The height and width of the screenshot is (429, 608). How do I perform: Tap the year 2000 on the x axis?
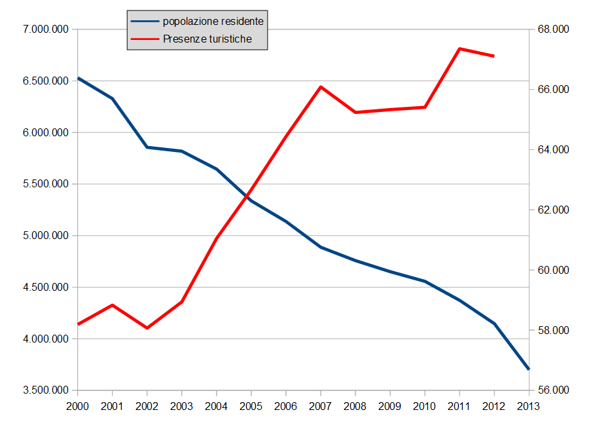click(78, 406)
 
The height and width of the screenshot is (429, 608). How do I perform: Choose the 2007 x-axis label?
click(321, 406)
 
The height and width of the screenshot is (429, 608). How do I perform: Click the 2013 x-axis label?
click(528, 406)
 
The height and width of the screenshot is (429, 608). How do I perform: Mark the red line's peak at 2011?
click(459, 48)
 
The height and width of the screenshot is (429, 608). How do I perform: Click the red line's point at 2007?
click(321, 86)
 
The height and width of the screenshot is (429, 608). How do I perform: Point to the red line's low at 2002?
click(147, 327)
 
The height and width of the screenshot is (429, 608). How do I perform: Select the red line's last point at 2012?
click(494, 56)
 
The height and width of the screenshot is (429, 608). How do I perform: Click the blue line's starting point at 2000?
click(78, 78)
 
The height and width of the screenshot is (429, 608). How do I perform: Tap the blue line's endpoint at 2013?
click(528, 369)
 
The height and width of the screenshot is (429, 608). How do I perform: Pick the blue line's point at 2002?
click(147, 147)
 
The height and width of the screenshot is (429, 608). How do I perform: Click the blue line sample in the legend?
click(145, 21)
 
